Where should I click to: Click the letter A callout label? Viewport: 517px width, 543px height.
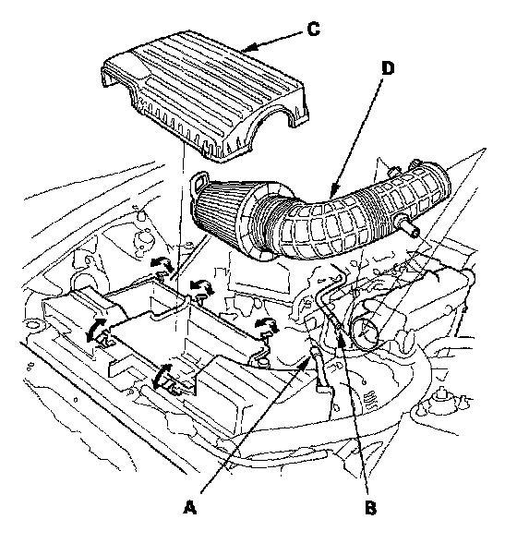point(189,507)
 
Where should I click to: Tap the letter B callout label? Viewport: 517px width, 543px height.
point(370,508)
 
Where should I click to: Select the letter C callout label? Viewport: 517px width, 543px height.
point(313,30)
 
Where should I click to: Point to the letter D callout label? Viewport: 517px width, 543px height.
point(388,68)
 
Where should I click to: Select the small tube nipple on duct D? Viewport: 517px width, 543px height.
point(408,227)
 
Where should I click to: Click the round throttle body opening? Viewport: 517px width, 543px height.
point(366,330)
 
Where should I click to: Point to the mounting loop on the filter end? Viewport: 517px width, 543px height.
point(200,180)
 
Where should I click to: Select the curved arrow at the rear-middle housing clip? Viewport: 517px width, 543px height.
point(202,287)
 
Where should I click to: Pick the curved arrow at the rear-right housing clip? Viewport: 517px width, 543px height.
point(267,324)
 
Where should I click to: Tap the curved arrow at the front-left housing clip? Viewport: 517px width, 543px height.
point(94,330)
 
